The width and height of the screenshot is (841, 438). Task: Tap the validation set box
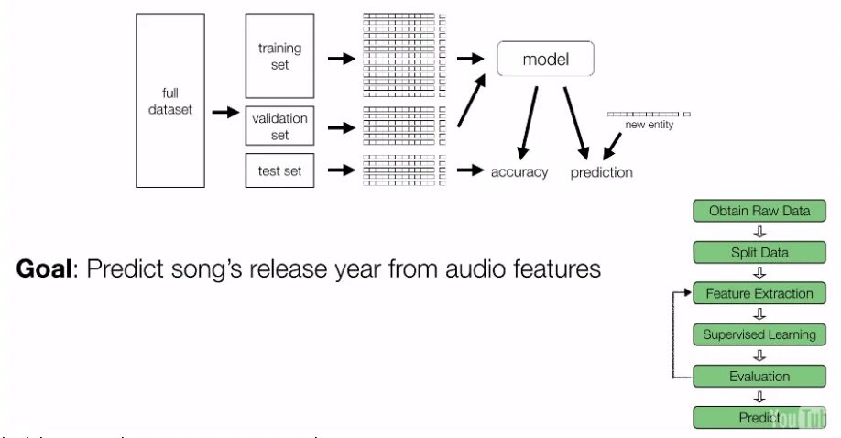point(280,126)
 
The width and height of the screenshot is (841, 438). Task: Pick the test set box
point(280,170)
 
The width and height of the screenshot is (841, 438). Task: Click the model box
point(546,60)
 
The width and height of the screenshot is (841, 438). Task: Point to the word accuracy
point(519,171)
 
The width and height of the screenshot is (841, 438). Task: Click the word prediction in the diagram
point(601,171)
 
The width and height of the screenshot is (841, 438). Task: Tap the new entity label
point(649,125)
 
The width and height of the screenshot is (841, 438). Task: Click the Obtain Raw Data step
point(759,211)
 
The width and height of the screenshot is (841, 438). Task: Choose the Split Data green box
point(759,252)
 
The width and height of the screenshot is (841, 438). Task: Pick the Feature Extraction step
point(759,293)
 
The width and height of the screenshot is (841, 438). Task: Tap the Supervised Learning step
point(759,334)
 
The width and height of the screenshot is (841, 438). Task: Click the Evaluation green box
point(759,376)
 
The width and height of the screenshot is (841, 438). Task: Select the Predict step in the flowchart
point(759,417)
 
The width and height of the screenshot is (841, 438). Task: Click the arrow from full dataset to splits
point(224,112)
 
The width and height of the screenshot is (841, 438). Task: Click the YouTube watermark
point(792,417)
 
